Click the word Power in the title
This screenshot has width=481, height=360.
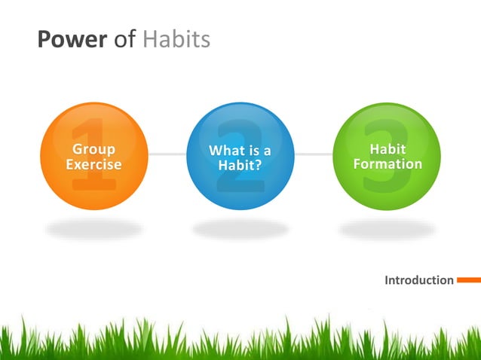tap(72, 39)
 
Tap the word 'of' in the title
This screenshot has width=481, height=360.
tap(124, 39)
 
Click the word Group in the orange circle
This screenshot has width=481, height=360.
tap(93, 149)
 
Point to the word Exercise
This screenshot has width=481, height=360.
tap(93, 164)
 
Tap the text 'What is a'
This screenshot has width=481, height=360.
tap(240, 151)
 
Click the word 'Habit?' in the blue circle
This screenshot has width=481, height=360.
tap(240, 165)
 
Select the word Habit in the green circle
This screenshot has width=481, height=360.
tap(388, 149)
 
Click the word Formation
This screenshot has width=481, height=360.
tap(388, 163)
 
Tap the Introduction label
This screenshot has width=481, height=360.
tap(419, 280)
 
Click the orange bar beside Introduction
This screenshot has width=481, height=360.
tap(468, 280)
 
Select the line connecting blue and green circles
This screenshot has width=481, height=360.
tap(313, 154)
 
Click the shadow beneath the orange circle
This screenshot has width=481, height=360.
tap(93, 228)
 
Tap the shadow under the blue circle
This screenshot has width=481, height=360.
tap(240, 228)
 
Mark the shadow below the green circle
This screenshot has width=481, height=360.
tap(387, 228)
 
